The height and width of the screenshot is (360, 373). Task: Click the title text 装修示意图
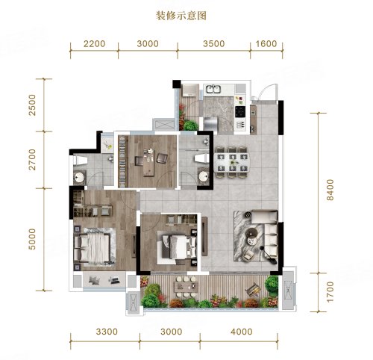(x=181, y=16)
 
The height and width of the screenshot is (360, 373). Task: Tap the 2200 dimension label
(x=94, y=44)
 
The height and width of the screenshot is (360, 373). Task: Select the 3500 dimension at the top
(x=214, y=44)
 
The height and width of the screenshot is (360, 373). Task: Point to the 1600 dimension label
(x=266, y=44)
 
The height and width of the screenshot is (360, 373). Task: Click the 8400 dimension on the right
(x=330, y=190)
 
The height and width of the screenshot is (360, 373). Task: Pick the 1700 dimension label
(x=330, y=292)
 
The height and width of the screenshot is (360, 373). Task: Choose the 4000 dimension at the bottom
(x=242, y=332)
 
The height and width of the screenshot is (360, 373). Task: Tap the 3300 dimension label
(x=107, y=332)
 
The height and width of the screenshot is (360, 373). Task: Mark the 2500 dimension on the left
(x=32, y=105)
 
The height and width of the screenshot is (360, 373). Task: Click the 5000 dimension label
(x=32, y=239)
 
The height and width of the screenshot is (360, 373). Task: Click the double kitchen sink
(x=213, y=89)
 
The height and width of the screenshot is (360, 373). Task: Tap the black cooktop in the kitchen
(x=240, y=112)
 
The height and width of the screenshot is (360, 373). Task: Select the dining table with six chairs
(x=232, y=163)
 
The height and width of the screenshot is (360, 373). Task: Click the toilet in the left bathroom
(x=80, y=161)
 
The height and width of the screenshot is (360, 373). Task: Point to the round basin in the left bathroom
(x=79, y=178)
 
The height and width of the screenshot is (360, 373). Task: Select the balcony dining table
(x=186, y=287)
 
